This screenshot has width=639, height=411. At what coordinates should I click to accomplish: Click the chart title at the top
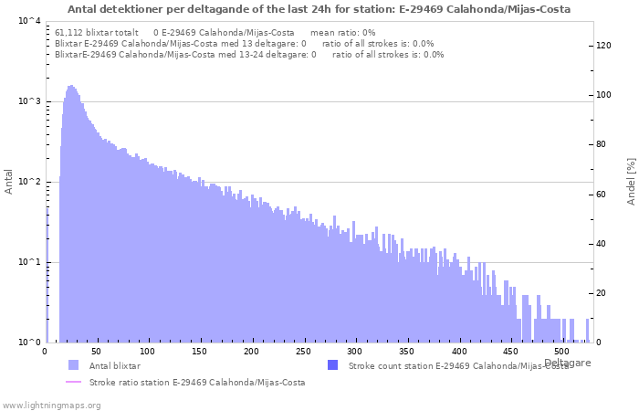(x=319, y=9)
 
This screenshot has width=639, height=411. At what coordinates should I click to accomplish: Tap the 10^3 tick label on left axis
(x=29, y=101)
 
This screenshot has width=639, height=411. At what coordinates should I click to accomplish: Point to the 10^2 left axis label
(x=29, y=182)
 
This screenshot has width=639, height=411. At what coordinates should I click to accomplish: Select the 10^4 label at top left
(x=29, y=21)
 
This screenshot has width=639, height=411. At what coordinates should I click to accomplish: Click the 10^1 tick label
(x=29, y=262)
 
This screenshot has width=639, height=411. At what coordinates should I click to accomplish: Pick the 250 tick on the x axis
(x=303, y=352)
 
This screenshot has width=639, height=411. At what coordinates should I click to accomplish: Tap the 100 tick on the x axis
(x=148, y=352)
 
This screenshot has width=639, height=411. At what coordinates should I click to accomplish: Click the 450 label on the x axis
(x=509, y=352)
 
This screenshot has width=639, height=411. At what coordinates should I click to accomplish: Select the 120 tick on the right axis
(x=604, y=46)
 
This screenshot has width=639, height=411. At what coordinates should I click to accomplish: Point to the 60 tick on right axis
(x=602, y=195)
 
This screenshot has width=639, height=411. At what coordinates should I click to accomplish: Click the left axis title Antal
(x=8, y=182)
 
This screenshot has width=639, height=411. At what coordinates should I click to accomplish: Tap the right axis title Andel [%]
(x=631, y=182)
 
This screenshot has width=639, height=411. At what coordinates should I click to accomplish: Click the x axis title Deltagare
(x=567, y=363)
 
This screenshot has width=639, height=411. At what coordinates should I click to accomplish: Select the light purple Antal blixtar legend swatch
(x=73, y=365)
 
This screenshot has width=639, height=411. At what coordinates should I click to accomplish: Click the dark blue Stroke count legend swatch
(x=333, y=365)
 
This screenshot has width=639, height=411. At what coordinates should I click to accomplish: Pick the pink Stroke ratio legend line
(x=73, y=382)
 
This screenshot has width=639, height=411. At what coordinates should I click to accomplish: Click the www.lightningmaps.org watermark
(x=51, y=406)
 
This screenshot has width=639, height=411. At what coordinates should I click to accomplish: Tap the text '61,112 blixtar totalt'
(x=97, y=33)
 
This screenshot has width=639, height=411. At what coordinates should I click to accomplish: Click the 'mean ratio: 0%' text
(x=342, y=33)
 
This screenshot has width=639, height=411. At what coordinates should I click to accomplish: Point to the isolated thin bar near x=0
(x=47, y=275)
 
